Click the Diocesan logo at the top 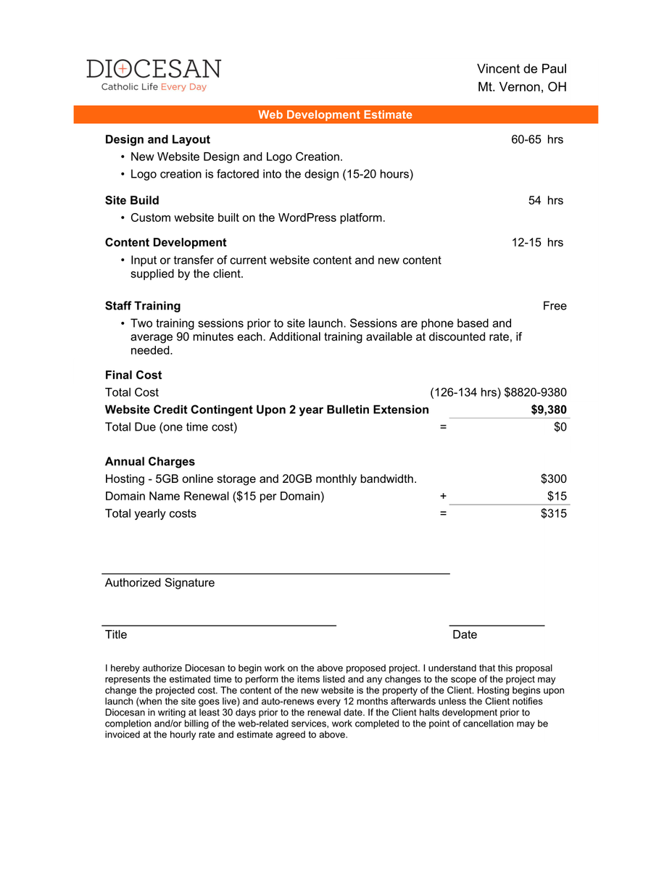point(154,75)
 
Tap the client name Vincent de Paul point(521,69)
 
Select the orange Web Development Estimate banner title point(335,115)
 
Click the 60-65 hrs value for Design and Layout point(536,139)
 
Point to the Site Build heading point(132,200)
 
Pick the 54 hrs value point(545,200)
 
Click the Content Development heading point(165,242)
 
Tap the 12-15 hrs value point(536,242)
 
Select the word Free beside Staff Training point(555,306)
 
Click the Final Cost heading point(133,375)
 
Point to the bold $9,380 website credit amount point(549,410)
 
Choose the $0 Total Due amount point(560,427)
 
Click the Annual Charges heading point(149,462)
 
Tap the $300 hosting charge point(553,479)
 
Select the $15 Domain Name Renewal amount point(557,497)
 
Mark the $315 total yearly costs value point(553,514)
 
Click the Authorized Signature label point(159,583)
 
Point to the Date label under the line point(465,635)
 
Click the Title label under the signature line point(116,635)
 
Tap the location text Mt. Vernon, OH point(521,87)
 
